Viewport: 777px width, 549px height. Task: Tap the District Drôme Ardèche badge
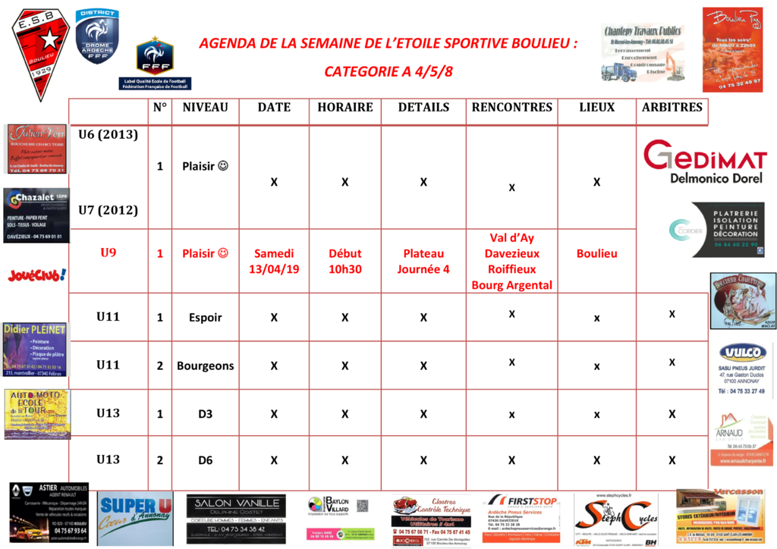[x=97, y=36]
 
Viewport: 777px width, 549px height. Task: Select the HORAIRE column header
[x=345, y=108]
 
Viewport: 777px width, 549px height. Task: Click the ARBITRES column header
[x=672, y=108]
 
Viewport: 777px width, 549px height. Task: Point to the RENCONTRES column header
[x=511, y=108]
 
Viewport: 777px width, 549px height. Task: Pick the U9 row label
[x=109, y=253]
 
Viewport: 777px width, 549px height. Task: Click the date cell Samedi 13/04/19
[x=274, y=262]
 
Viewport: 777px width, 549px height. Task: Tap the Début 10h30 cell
[x=345, y=262]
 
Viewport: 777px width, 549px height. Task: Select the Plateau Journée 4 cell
[x=423, y=262]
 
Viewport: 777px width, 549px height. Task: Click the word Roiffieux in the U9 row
[x=511, y=269]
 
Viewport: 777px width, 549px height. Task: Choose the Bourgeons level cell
[x=206, y=365]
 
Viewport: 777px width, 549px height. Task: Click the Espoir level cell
[x=206, y=318]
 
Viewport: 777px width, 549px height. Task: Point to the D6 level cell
[x=206, y=460]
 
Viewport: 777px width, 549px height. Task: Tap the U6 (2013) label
[x=109, y=135]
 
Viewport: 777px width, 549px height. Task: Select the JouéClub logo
[x=36, y=274]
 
